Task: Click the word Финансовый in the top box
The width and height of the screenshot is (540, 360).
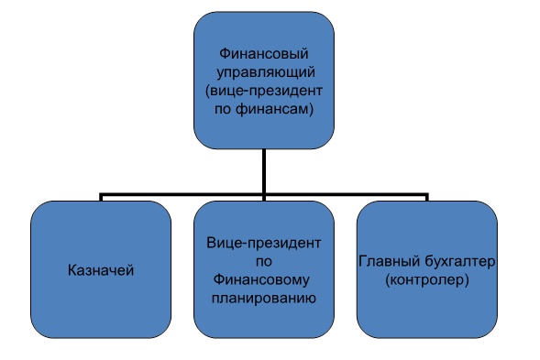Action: (263, 52)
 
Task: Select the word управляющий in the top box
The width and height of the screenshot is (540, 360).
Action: (263, 71)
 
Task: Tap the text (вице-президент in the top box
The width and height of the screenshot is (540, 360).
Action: (263, 90)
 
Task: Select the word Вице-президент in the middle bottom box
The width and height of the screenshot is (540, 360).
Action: (263, 243)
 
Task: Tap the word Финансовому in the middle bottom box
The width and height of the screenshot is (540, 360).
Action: (263, 280)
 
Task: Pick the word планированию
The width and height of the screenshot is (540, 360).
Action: (263, 299)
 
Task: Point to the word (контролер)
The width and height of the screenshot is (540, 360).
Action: (427, 280)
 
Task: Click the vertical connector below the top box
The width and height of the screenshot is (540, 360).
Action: (264, 169)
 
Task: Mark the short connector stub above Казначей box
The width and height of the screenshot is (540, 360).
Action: (101, 198)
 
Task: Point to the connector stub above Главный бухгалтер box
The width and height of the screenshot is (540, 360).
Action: (427, 198)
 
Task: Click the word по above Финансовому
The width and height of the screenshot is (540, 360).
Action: (263, 261)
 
